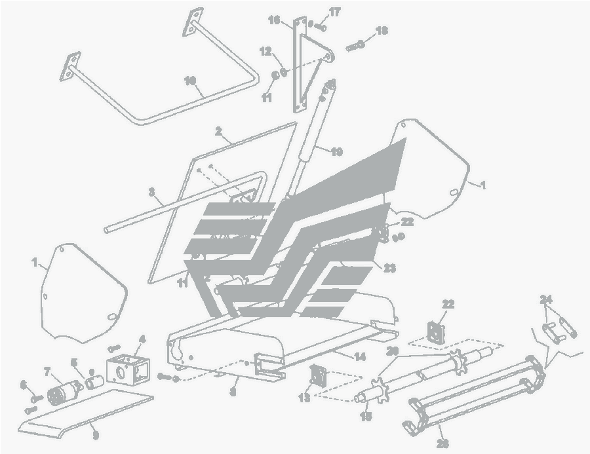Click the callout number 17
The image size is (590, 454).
click(335, 12)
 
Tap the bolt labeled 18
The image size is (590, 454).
click(355, 46)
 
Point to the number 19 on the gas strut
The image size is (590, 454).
click(336, 152)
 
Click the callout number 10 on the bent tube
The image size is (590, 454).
click(190, 81)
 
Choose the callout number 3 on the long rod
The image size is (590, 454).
click(151, 193)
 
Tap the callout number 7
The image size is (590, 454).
click(47, 371)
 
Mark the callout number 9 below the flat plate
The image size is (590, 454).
click(96, 433)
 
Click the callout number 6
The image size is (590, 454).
click(23, 385)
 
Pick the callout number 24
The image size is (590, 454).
click(546, 299)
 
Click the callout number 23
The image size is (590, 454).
click(390, 267)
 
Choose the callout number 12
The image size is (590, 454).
click(265, 50)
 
